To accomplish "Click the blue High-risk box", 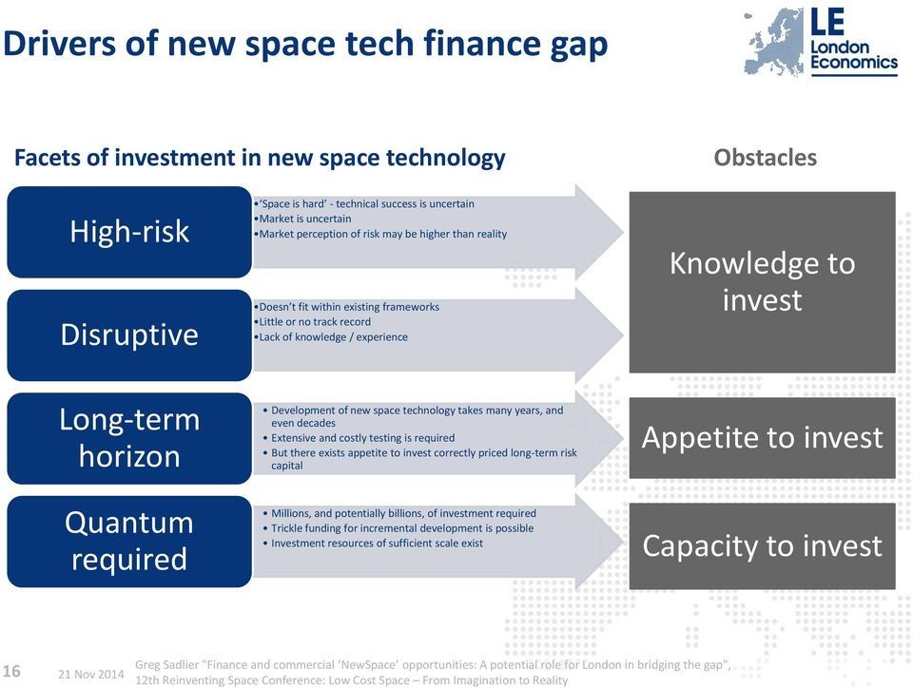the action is tap(129, 232).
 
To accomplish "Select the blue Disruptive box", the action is tap(129, 335).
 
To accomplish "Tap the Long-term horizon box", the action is tap(129, 438).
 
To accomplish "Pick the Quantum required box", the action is tap(129, 542).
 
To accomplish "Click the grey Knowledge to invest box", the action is tap(762, 282).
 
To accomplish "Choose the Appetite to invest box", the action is tap(762, 438).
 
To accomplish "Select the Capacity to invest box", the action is tap(762, 546).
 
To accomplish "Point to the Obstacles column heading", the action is tap(765, 158).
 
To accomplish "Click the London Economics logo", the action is tap(821, 42).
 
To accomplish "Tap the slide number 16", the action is tap(11, 671).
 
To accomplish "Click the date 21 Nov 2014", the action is tap(91, 674).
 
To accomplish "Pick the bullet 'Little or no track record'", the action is tap(312, 322).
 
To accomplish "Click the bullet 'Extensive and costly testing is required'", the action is tap(359, 438).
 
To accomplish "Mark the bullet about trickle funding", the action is tap(398, 528).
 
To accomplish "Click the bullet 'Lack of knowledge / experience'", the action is tap(331, 337).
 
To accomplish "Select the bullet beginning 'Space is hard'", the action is tap(364, 204).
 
